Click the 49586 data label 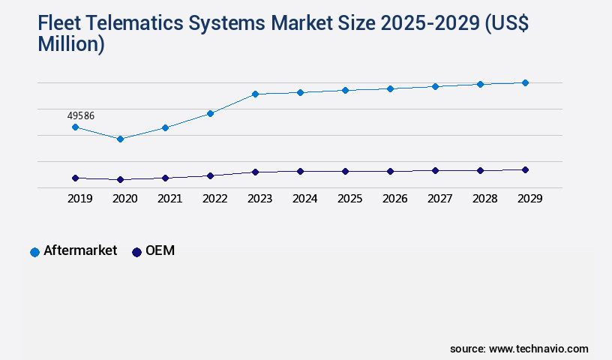pyautogui.click(x=80, y=115)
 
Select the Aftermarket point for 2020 pyautogui.click(x=120, y=139)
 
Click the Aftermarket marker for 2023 pyautogui.click(x=255, y=94)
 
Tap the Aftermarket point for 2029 pyautogui.click(x=525, y=82)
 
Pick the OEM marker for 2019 pyautogui.click(x=75, y=178)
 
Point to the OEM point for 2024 pyautogui.click(x=300, y=171)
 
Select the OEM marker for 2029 pyautogui.click(x=525, y=169)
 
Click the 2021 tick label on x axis pyautogui.click(x=169, y=199)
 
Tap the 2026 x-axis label pyautogui.click(x=394, y=199)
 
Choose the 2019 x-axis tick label pyautogui.click(x=79, y=199)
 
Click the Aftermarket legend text pyautogui.click(x=80, y=251)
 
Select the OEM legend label pyautogui.click(x=160, y=251)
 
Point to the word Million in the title pyautogui.click(x=71, y=45)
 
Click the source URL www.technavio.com pyautogui.click(x=538, y=349)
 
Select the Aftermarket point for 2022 pyautogui.click(x=210, y=113)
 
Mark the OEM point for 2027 pyautogui.click(x=435, y=170)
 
